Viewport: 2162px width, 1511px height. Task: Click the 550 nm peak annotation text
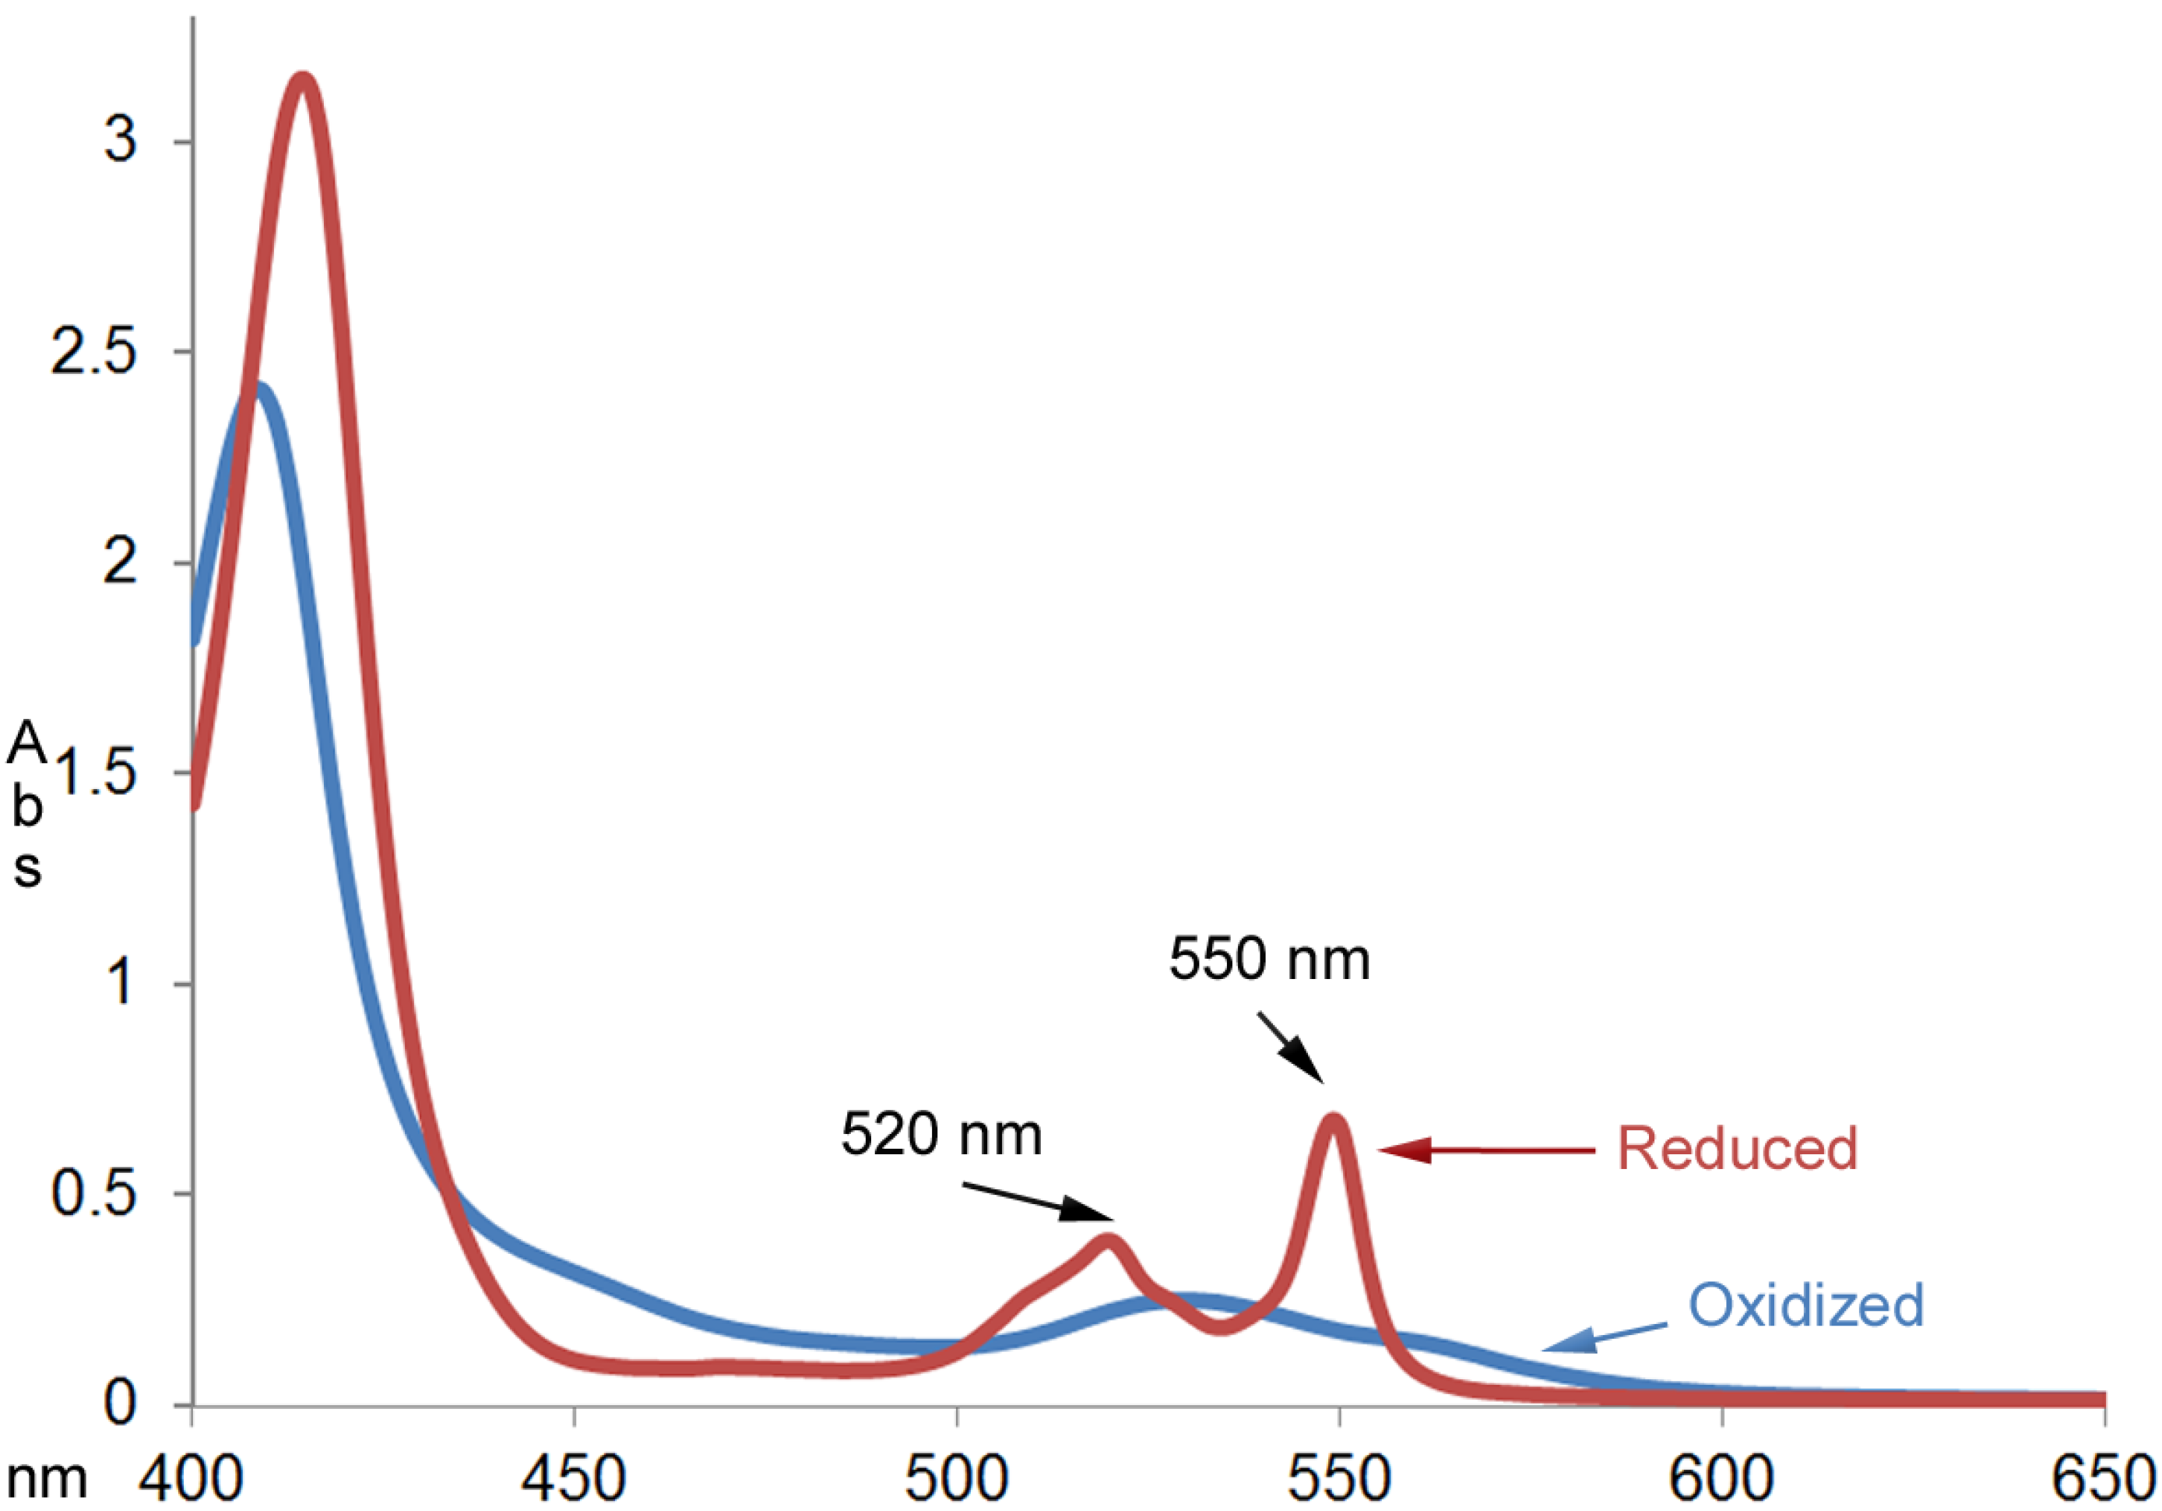click(1268, 960)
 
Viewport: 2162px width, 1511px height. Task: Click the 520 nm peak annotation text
click(940, 1134)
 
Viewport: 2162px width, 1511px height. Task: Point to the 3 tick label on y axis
click(121, 141)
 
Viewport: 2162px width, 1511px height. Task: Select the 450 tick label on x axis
click(575, 1480)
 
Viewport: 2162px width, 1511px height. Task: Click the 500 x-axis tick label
click(957, 1480)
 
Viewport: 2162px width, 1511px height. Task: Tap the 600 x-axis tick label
click(1721, 1480)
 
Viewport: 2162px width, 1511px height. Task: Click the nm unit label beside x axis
click(47, 1480)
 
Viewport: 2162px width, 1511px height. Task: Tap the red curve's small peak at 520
click(1109, 1241)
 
